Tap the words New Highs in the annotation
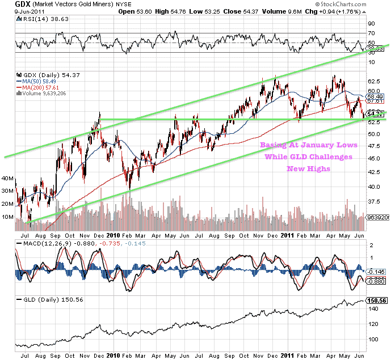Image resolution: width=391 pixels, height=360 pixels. tap(307, 168)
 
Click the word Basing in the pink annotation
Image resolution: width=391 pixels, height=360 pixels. tap(275, 145)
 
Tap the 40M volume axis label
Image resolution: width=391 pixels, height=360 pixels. tap(8, 178)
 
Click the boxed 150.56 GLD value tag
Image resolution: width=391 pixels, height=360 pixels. tap(376, 300)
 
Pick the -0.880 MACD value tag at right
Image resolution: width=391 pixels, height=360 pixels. tap(376, 281)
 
